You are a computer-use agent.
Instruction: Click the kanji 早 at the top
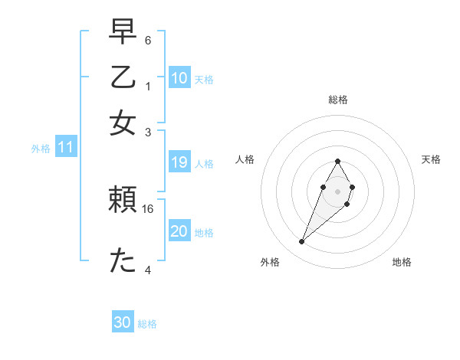(x=123, y=33)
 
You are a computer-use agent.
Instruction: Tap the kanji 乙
(x=123, y=78)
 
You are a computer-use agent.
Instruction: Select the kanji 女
(x=123, y=123)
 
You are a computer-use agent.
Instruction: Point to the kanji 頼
(x=123, y=201)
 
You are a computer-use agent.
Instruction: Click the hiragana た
(x=123, y=260)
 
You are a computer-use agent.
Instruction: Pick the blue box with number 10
(x=179, y=78)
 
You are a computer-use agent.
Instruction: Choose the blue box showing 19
(x=179, y=162)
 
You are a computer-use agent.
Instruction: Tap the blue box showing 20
(x=179, y=231)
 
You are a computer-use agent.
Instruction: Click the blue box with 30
(x=123, y=322)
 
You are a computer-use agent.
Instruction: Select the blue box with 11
(x=66, y=148)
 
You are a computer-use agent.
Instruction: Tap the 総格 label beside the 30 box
(x=148, y=324)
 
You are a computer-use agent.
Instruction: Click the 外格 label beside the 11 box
(x=41, y=149)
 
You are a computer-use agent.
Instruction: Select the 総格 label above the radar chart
(x=337, y=100)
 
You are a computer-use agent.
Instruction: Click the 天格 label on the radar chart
(x=432, y=159)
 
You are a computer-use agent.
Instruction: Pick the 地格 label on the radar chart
(x=402, y=262)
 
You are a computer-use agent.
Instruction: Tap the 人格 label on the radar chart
(x=245, y=159)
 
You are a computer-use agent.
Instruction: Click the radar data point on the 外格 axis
(x=302, y=242)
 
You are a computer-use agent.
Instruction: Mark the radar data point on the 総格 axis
(x=337, y=161)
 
